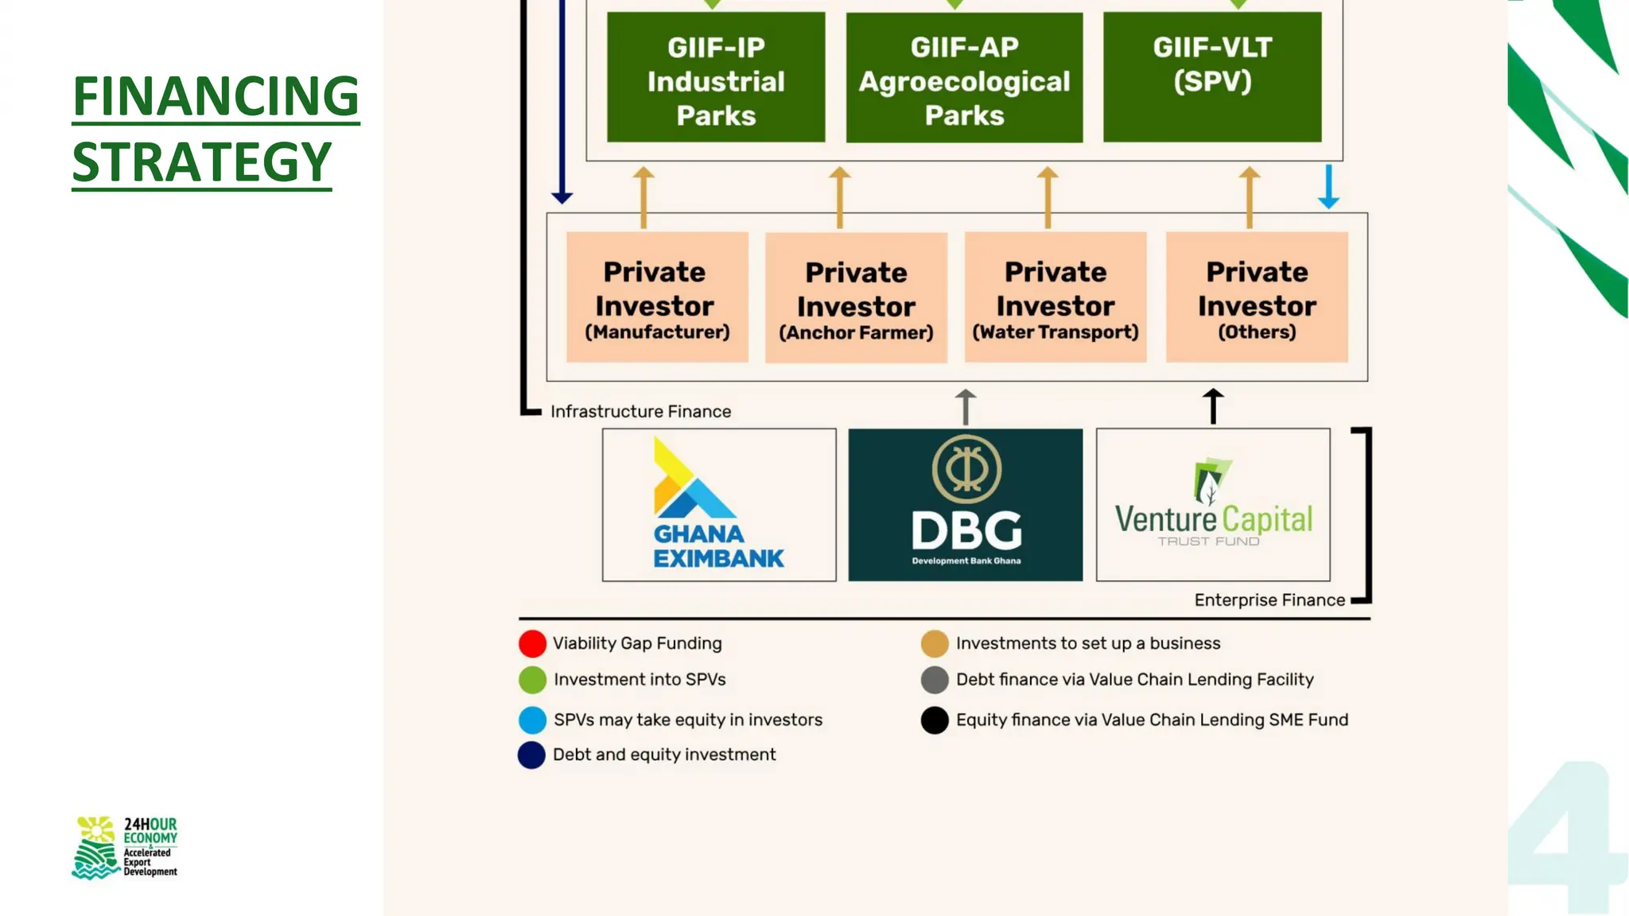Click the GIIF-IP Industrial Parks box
click(716, 78)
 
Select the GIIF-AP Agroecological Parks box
click(964, 78)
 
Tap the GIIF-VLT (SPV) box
click(1212, 78)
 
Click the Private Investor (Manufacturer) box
click(657, 297)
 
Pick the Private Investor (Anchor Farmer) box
click(856, 298)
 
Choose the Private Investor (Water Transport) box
click(1056, 297)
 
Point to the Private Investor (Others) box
click(1257, 297)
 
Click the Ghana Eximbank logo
click(719, 505)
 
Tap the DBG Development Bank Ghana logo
click(965, 505)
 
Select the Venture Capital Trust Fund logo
click(1213, 505)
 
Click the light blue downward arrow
click(1328, 188)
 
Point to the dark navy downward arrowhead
click(562, 196)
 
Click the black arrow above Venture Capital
click(1213, 406)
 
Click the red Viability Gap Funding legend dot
click(532, 643)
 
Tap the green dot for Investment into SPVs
click(532, 680)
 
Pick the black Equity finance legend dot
click(935, 720)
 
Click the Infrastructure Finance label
click(640, 412)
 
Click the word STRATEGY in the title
click(202, 162)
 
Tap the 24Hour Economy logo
click(125, 848)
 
